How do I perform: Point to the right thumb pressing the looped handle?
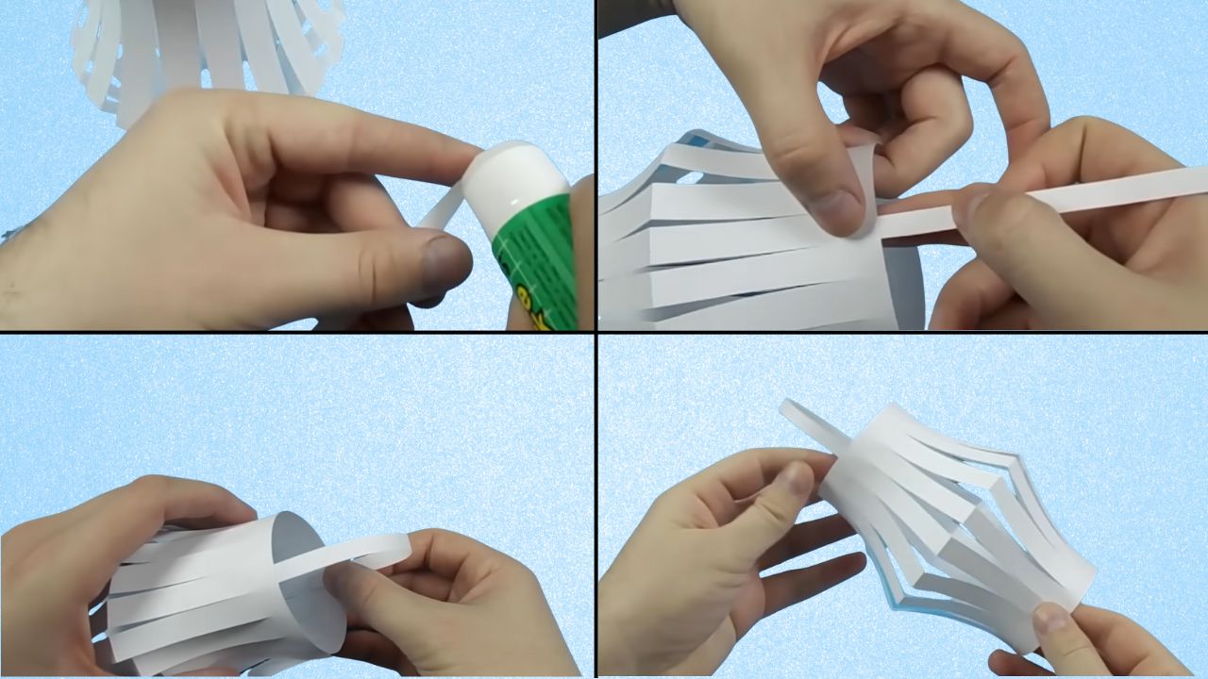point(354,585)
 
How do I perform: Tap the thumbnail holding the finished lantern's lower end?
point(1050,621)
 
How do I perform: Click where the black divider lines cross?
point(596,332)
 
